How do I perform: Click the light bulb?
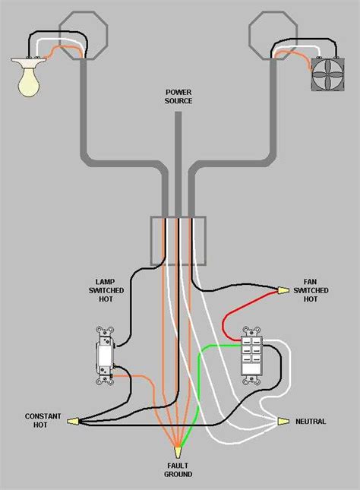(29, 78)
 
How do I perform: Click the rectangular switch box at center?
(178, 240)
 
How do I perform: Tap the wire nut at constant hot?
(74, 421)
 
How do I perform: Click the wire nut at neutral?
(283, 421)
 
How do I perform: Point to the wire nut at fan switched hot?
(283, 290)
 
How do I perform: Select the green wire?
(199, 380)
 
